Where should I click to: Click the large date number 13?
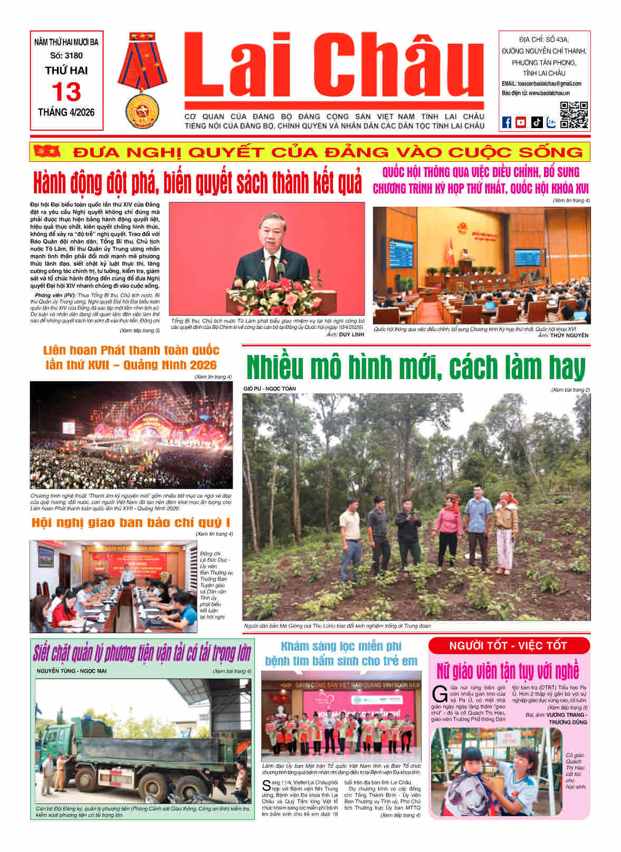[x=66, y=92]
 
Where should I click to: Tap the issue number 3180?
[x=72, y=55]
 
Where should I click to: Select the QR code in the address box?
[x=573, y=115]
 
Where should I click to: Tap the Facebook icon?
[x=507, y=122]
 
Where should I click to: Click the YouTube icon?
[x=521, y=122]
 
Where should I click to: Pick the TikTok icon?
[x=537, y=122]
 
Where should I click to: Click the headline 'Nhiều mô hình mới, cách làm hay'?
[x=416, y=367]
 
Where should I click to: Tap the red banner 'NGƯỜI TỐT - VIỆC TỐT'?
[x=508, y=645]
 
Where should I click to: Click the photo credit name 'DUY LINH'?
[x=351, y=334]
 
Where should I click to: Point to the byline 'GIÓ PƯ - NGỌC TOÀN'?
[x=270, y=389]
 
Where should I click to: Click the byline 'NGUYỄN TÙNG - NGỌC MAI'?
[x=72, y=671]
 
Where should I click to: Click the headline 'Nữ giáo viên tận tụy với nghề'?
[x=508, y=671]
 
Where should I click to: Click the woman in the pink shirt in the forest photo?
[x=447, y=530]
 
